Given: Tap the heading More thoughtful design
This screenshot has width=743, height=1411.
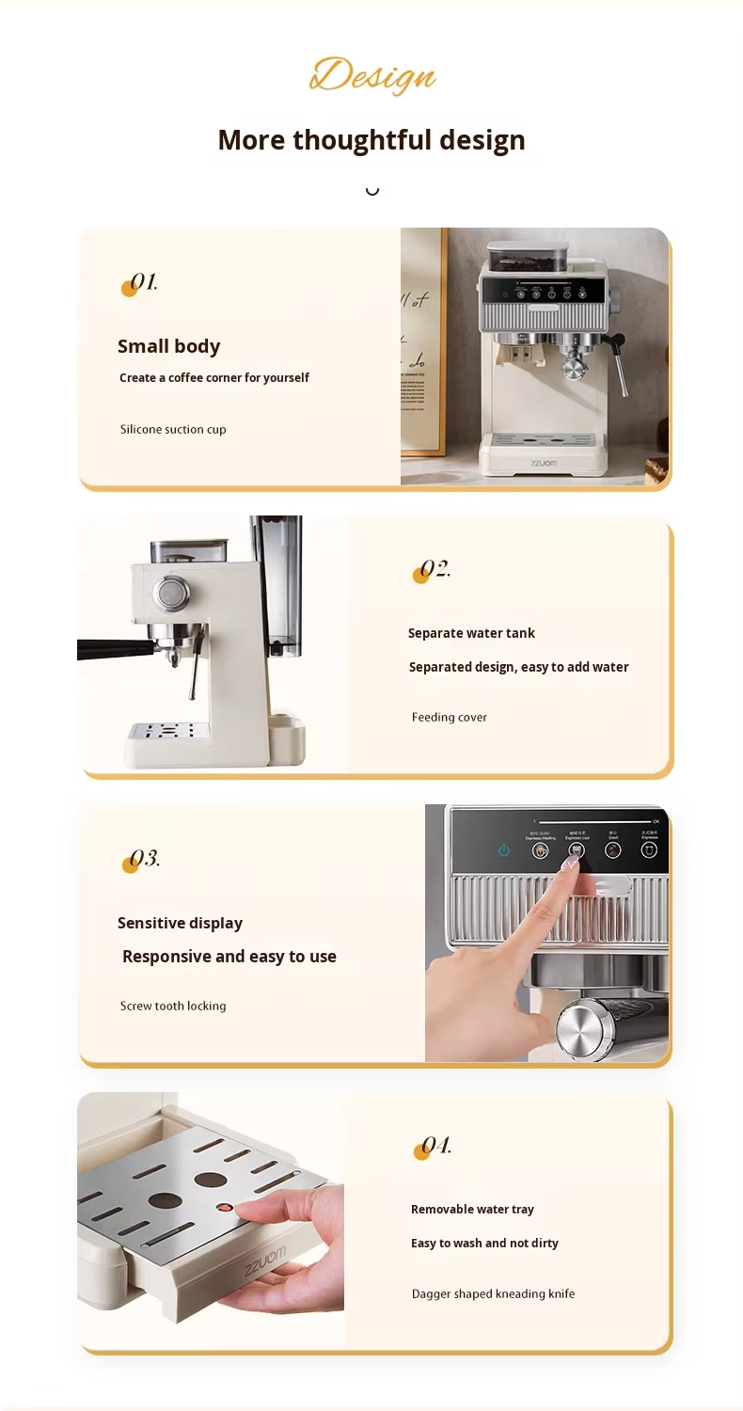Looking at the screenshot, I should pyautogui.click(x=371, y=140).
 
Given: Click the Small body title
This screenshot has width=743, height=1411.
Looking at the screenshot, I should pyautogui.click(x=168, y=346).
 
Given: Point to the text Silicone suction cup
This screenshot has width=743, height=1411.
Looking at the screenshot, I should pyautogui.click(x=173, y=430).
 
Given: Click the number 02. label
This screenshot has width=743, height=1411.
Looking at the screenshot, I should pyautogui.click(x=434, y=570).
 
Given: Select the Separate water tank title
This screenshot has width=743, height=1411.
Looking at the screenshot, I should pyautogui.click(x=471, y=633).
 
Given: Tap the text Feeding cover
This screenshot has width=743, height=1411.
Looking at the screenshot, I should pyautogui.click(x=449, y=718).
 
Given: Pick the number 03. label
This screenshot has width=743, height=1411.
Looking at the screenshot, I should pyautogui.click(x=144, y=859).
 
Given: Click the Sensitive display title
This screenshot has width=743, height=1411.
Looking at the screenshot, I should pyautogui.click(x=180, y=923).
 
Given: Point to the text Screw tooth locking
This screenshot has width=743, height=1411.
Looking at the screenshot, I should pyautogui.click(x=173, y=1007).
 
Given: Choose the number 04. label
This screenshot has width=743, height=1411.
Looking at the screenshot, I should pyautogui.click(x=435, y=1147).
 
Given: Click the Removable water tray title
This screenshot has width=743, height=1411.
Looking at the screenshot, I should pyautogui.click(x=472, y=1210).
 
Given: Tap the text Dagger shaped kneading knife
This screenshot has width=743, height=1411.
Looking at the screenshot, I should pyautogui.click(x=493, y=1294).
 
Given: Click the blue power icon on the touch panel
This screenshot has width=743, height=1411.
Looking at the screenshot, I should pyautogui.click(x=504, y=850).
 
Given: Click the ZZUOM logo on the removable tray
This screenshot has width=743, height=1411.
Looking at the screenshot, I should pyautogui.click(x=265, y=1260).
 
